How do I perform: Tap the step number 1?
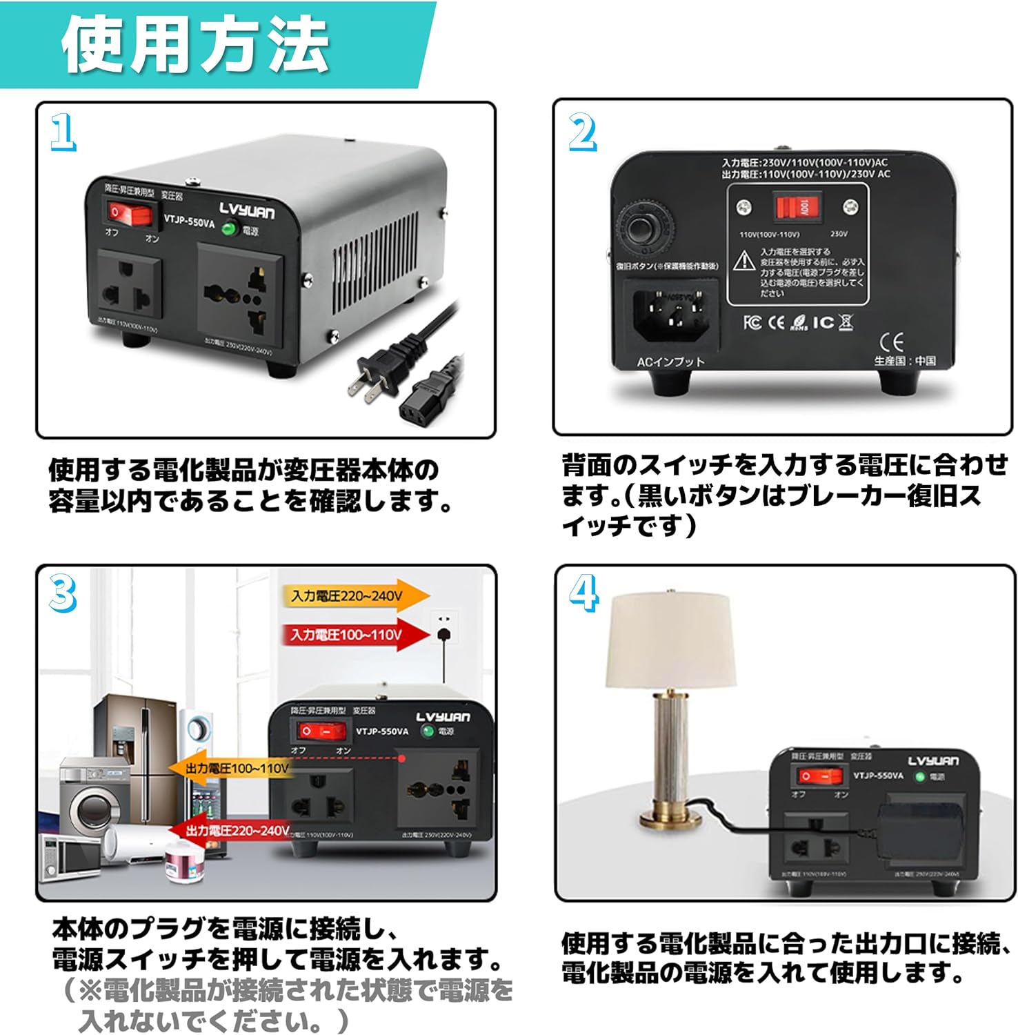pyautogui.click(x=63, y=132)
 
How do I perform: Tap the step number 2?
pyautogui.click(x=582, y=132)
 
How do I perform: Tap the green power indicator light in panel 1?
pyautogui.click(x=228, y=229)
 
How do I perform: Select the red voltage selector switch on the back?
pyautogui.click(x=797, y=206)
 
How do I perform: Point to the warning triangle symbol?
pyautogui.click(x=743, y=261)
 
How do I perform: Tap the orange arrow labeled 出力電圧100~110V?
pyautogui.click(x=234, y=769)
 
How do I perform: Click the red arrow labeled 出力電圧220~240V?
pyautogui.click(x=231, y=831)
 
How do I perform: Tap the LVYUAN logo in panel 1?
pyautogui.click(x=247, y=210)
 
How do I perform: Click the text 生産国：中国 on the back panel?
pyautogui.click(x=905, y=361)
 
